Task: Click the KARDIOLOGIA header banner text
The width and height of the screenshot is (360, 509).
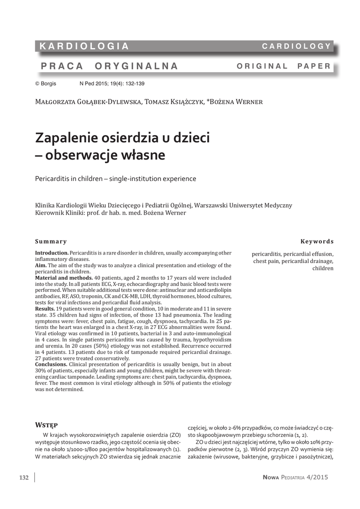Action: pyautogui.click(x=85, y=46)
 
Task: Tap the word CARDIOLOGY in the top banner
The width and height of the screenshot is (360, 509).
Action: pyautogui.click(x=296, y=46)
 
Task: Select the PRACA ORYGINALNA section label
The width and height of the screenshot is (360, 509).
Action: pyautogui.click(x=109, y=66)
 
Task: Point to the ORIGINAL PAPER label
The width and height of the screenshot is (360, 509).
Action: pyautogui.click(x=283, y=66)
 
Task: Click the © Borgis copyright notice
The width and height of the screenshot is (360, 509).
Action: pyautogui.click(x=45, y=84)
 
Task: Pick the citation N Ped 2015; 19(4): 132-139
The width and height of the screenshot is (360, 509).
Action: pyautogui.click(x=112, y=84)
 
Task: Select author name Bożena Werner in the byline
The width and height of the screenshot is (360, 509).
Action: pyautogui.click(x=237, y=102)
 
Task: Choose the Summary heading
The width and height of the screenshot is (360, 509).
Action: pyautogui.click(x=51, y=242)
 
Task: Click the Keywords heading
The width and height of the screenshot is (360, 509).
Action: pyautogui.click(x=317, y=242)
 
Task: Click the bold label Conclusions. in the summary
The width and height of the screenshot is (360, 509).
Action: pyautogui.click(x=51, y=364)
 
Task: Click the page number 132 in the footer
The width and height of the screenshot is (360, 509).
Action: pyautogui.click(x=24, y=478)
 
